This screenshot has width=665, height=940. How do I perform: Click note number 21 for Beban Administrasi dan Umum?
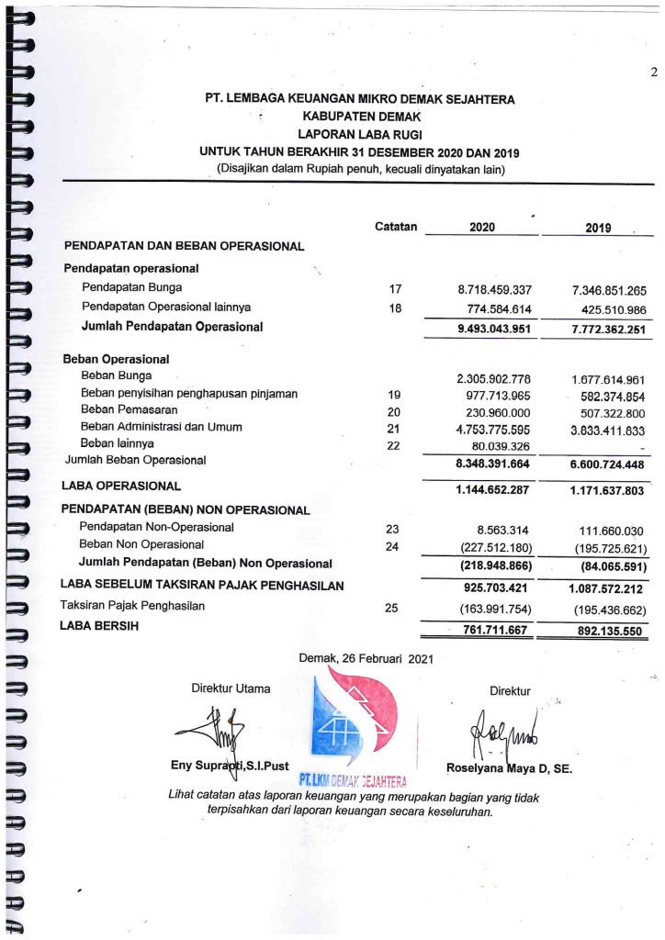(396, 428)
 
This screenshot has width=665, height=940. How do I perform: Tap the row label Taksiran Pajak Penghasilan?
(132, 606)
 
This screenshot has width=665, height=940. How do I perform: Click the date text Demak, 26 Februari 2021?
(366, 657)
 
